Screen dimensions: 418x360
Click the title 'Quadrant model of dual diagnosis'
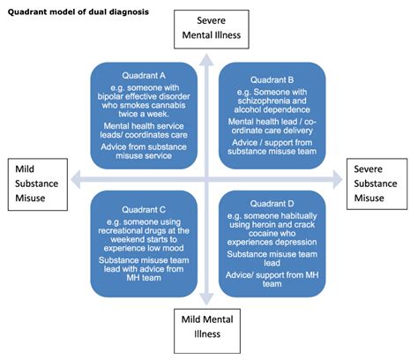[78, 12]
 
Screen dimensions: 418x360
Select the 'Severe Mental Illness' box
[212, 29]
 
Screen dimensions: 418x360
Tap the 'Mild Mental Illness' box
[207, 331]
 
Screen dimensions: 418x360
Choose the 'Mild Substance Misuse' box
[38, 184]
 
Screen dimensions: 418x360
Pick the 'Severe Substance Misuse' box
[377, 184]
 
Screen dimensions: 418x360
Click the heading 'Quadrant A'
[144, 76]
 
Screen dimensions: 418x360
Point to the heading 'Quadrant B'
[272, 79]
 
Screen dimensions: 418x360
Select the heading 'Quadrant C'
[144, 210]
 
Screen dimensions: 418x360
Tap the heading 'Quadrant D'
[272, 204]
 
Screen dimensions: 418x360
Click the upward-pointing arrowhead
[206, 59]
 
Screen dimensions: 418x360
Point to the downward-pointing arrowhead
[206, 299]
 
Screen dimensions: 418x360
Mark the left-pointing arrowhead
[76, 179]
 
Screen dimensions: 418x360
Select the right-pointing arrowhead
[338, 179]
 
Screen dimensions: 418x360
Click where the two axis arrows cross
[206, 179]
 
